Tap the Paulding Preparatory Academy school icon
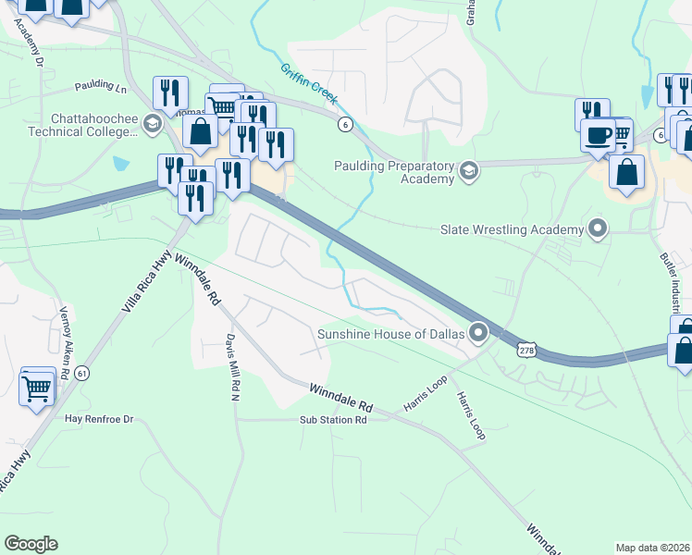[x=469, y=170]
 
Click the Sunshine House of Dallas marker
[x=478, y=331]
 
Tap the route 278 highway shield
[x=525, y=350]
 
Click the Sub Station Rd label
[x=333, y=419]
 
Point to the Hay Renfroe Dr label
[x=99, y=419]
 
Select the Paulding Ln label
[x=101, y=86]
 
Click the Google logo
[x=31, y=544]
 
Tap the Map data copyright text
[x=652, y=548]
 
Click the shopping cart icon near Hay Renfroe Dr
[x=36, y=389]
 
